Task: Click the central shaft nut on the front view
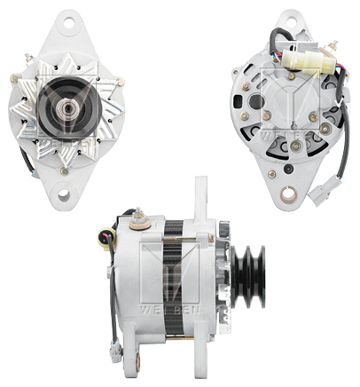pyautogui.click(x=69, y=104)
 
